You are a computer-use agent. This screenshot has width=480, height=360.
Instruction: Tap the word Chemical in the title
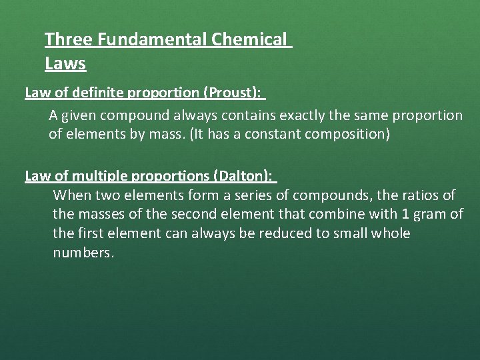252,39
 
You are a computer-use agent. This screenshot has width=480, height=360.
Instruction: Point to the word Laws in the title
65,64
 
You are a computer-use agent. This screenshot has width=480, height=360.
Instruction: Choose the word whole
391,234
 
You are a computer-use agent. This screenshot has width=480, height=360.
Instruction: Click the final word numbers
83,253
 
